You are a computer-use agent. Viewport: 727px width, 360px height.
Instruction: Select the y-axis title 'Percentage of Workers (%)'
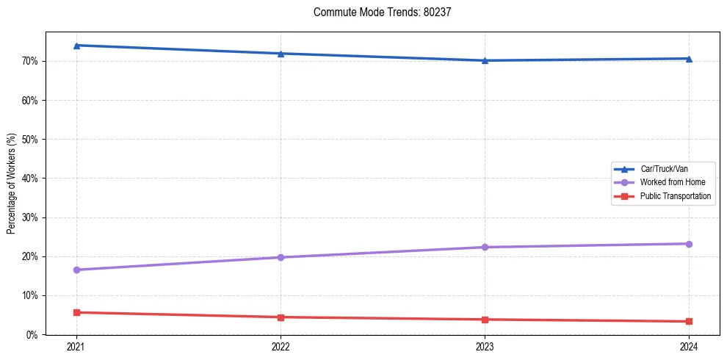point(12,184)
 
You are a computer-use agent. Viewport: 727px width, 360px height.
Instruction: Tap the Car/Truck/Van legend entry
point(664,169)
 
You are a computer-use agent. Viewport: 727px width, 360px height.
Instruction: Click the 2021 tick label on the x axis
point(76,347)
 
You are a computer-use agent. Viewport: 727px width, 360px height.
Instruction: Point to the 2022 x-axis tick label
point(281,347)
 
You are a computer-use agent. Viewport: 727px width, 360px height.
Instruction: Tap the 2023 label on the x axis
point(485,347)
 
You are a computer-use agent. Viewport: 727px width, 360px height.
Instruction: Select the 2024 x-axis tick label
point(689,347)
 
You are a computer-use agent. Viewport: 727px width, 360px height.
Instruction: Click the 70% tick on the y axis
point(31,61)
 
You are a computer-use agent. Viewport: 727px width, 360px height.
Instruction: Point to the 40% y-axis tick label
point(31,179)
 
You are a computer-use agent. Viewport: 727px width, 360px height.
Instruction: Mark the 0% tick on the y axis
point(33,335)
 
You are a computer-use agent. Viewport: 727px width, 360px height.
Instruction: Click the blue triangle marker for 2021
point(76,46)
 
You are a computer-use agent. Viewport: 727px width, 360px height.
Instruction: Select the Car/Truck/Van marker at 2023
point(485,60)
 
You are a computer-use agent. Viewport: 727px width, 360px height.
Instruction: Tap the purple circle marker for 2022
point(281,257)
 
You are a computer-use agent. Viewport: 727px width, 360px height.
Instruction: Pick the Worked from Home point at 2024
point(689,244)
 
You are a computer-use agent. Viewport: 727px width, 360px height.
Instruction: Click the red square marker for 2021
point(76,312)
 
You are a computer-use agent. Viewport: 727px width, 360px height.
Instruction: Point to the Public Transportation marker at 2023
point(485,320)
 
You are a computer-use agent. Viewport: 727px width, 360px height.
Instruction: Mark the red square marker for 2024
point(689,321)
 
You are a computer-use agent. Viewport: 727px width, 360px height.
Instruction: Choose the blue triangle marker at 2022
point(281,54)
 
